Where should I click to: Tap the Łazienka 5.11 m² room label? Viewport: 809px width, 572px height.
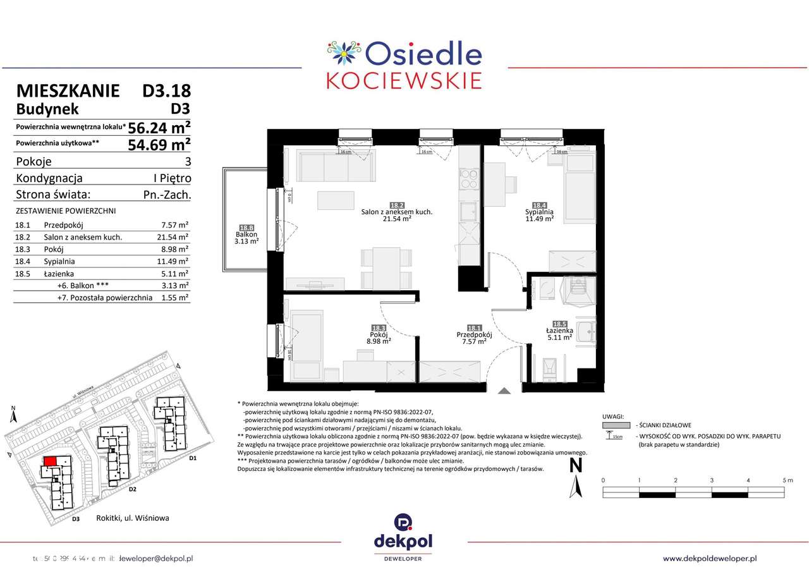[559, 333]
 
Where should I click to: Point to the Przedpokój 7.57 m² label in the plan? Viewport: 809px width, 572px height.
[474, 337]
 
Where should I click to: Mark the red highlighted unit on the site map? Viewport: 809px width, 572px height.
[49, 462]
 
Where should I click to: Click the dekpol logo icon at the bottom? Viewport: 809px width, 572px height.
[404, 522]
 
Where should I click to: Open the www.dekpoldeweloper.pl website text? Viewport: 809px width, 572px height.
[710, 558]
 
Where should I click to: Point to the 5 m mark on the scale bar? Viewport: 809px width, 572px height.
[787, 480]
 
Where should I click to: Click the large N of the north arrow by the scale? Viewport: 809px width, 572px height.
[576, 466]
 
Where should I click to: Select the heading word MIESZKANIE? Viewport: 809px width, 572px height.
[68, 90]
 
